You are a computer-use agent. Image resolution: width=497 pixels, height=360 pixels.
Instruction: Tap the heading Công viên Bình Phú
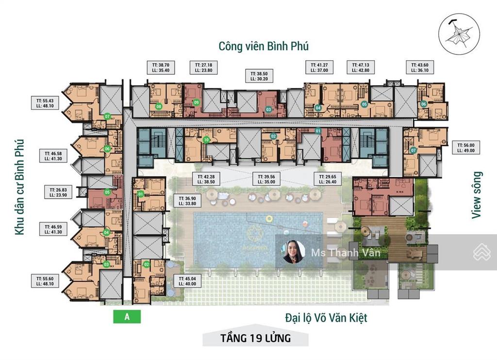coord(264,46)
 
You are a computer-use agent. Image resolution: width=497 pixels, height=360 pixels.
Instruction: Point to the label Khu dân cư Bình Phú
coord(19,187)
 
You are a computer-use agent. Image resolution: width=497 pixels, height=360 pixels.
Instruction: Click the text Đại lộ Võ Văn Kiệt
coord(326,318)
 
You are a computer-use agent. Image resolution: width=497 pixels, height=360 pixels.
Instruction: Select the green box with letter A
coord(127,317)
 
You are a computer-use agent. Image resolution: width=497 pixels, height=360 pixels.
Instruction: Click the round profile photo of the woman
coord(294,252)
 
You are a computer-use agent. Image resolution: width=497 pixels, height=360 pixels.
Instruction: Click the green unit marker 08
coord(159,106)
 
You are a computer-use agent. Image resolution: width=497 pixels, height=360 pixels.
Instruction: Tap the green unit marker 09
coord(196,103)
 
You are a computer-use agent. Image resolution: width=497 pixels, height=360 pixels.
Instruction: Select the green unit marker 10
coord(206,140)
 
